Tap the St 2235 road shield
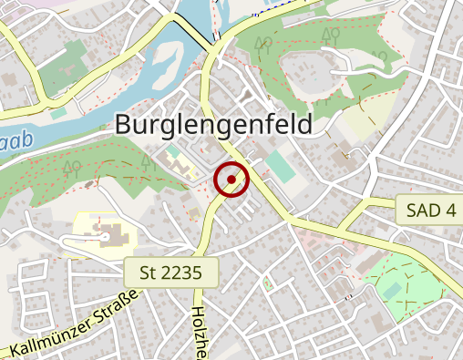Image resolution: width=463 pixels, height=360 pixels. pyautogui.click(x=172, y=272)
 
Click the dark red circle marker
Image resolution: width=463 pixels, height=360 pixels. pyautogui.click(x=231, y=180)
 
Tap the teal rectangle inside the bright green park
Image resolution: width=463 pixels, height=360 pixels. pyautogui.click(x=391, y=290)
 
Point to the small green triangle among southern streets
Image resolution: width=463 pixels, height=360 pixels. pyautogui.click(x=267, y=284)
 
